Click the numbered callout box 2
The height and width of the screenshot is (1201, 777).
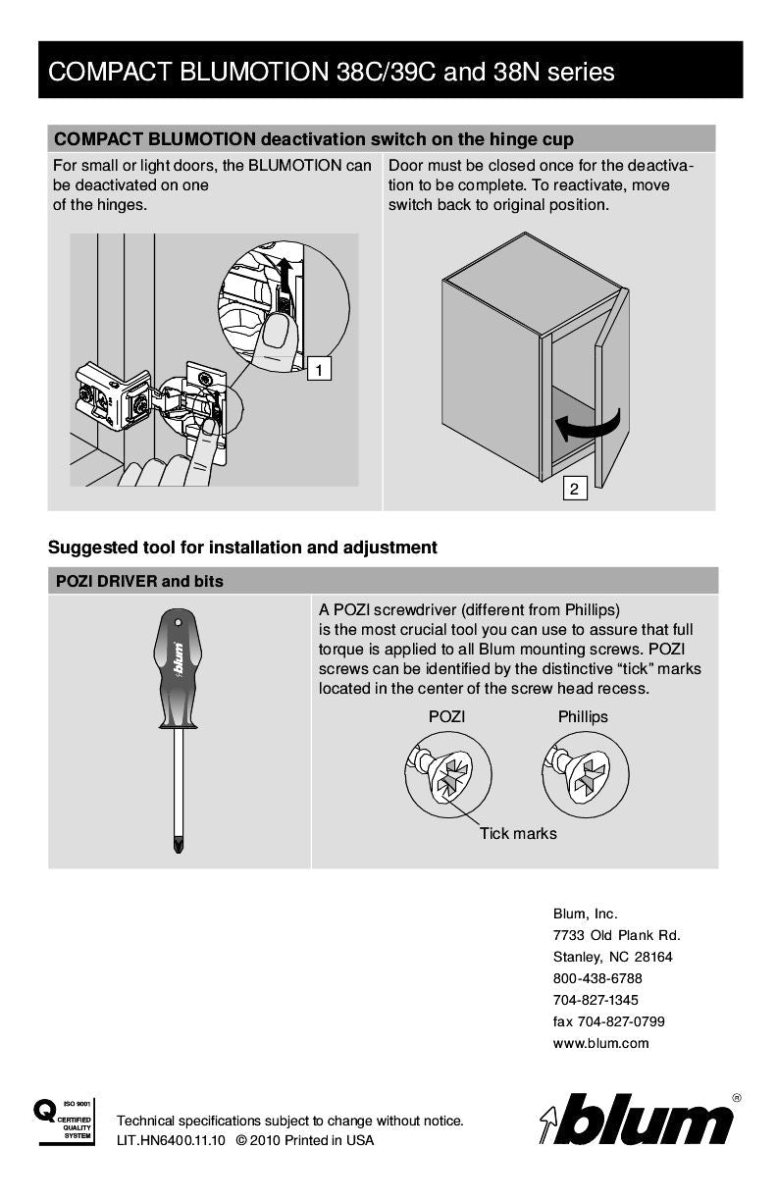tap(574, 488)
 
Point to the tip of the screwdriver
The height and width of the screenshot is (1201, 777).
tap(179, 846)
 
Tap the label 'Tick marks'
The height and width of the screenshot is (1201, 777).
tap(517, 833)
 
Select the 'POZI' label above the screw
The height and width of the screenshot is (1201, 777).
tap(446, 716)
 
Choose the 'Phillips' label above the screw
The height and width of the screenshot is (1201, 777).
tap(583, 716)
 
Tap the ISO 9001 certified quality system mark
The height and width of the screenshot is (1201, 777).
tap(64, 1121)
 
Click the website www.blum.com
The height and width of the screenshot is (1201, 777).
tap(600, 1043)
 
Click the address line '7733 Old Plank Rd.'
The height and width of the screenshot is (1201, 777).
tap(616, 935)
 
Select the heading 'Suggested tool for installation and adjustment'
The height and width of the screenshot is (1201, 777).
tap(242, 547)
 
